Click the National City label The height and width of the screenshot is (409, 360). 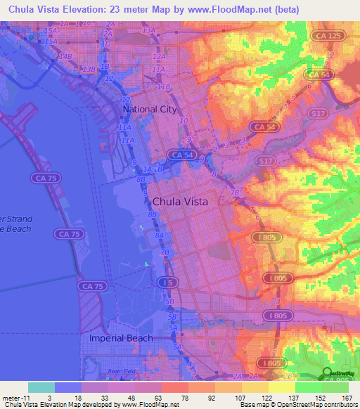tap(150, 110)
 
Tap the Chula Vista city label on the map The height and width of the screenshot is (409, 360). tap(180, 201)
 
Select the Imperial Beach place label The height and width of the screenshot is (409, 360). tap(121, 338)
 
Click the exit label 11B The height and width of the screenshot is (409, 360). tap(164, 87)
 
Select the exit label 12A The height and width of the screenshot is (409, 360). tap(159, 57)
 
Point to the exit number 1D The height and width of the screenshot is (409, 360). tap(105, 44)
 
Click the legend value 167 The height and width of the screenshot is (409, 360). tap(345, 397)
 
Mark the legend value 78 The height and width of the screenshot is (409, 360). tap(185, 397)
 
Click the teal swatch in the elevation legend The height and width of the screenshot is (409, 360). tap(41, 387)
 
